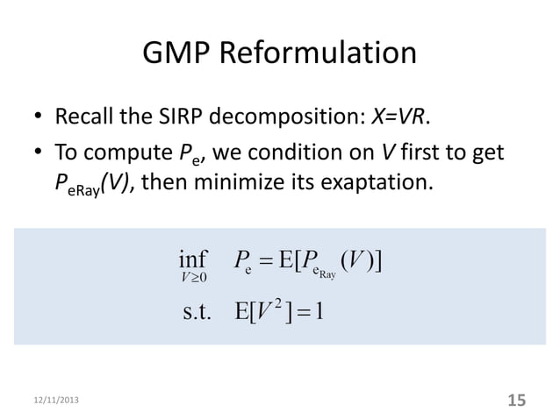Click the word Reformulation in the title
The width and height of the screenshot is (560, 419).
click(320, 54)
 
